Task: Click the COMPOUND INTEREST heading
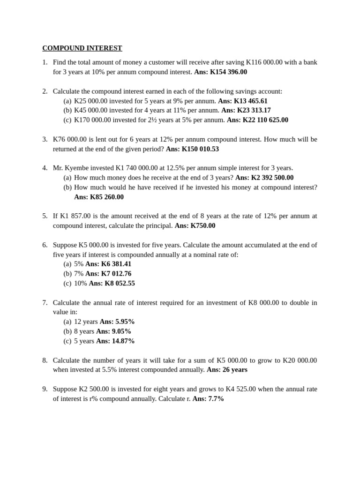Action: [82, 48]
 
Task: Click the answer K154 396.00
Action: [228, 72]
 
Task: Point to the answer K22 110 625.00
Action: [265, 120]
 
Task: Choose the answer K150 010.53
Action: [200, 149]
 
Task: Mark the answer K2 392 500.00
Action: [272, 178]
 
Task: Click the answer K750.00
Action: [203, 225]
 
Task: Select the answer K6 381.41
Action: [116, 264]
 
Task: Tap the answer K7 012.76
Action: [116, 274]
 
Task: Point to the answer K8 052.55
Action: [120, 284]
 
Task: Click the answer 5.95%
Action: [125, 322]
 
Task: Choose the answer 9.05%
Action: [121, 331]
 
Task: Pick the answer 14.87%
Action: [123, 341]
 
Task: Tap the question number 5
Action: [45, 216]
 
